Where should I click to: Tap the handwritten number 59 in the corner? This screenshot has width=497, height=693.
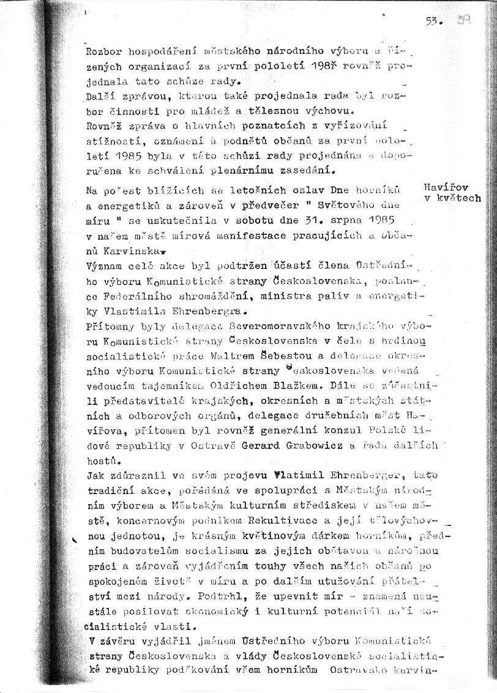[462, 20]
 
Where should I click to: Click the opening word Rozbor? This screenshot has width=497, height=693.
[102, 51]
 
